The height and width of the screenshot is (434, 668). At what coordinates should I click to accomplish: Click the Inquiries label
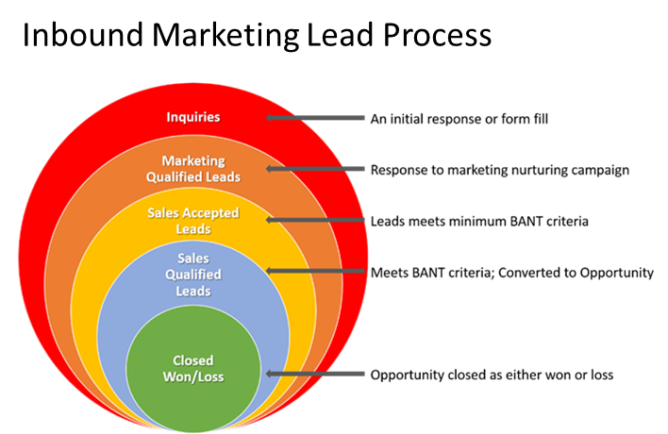click(193, 118)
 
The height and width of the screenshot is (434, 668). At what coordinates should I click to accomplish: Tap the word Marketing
click(193, 161)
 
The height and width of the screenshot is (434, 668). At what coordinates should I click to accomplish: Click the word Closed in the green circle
click(193, 360)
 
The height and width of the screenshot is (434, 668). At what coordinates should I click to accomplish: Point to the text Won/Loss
click(193, 376)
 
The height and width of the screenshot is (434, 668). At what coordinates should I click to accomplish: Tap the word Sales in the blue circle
click(193, 259)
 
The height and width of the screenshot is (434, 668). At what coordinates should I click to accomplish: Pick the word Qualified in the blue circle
click(193, 275)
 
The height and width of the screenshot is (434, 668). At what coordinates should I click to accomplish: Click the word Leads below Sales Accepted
click(193, 229)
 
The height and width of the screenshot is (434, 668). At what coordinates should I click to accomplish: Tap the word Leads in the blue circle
click(193, 292)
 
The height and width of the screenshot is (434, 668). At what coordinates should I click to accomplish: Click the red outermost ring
click(57, 255)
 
